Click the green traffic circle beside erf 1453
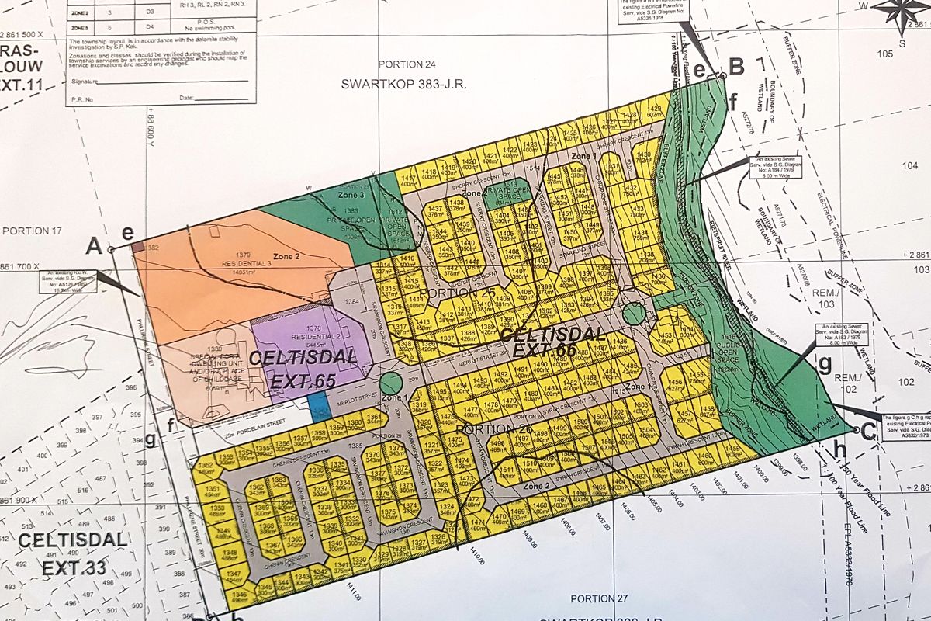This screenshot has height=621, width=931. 634,314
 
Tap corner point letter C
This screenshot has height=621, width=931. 868,432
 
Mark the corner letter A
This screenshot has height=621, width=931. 95,246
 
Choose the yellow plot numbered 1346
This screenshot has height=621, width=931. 239,596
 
